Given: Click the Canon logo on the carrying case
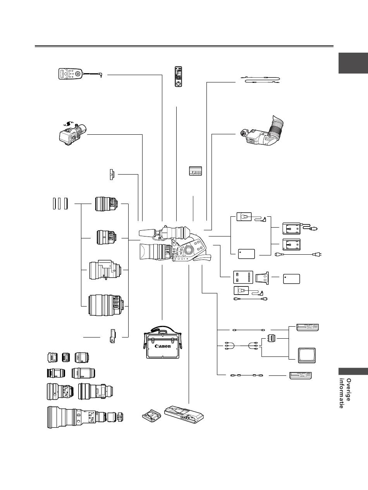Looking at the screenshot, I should pyautogui.click(x=162, y=346).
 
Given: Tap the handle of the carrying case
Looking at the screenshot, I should pyautogui.click(x=163, y=329).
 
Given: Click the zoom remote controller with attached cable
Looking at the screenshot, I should pyautogui.click(x=70, y=74).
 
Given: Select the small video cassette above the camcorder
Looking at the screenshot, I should pyautogui.click(x=196, y=171).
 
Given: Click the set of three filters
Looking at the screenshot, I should pyautogui.click(x=60, y=203).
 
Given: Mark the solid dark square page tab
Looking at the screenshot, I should pyautogui.click(x=352, y=63).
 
